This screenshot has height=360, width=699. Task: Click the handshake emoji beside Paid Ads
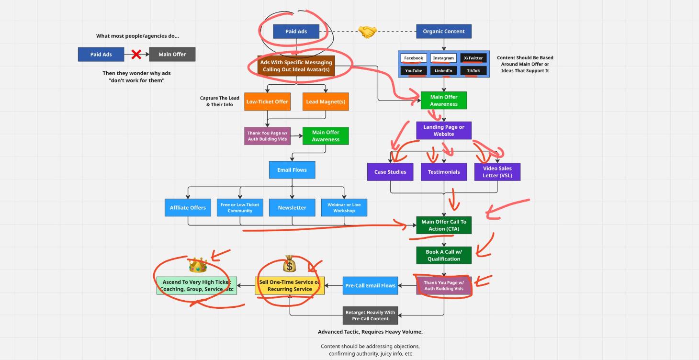tap(367, 32)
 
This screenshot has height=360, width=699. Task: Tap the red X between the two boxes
tap(136, 54)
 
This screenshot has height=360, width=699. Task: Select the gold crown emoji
tap(197, 265)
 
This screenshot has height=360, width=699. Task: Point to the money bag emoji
tap(289, 264)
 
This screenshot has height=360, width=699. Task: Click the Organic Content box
tap(443, 32)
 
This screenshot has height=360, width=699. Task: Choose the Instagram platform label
tap(443, 58)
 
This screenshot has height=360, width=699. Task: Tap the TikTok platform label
tap(473, 71)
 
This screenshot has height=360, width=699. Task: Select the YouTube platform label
tap(414, 71)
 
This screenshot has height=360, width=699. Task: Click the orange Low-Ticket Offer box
tap(267, 101)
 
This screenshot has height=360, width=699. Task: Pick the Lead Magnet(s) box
tap(326, 101)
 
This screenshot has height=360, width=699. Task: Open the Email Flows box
tap(292, 170)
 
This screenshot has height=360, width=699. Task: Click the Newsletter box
tap(292, 207)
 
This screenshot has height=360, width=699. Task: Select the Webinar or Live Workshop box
tap(344, 207)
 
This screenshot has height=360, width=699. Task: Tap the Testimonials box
tap(443, 172)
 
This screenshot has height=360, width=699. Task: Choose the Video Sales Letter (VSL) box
tap(497, 172)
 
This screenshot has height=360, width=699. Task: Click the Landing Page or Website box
tap(443, 131)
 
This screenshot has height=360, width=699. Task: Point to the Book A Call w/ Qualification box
tap(443, 255)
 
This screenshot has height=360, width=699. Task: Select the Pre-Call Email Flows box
tap(370, 286)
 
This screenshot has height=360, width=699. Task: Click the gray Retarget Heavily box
tap(370, 315)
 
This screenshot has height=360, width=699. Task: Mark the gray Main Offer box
tap(172, 54)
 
